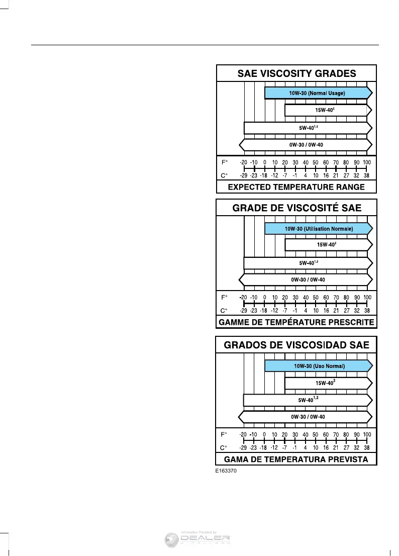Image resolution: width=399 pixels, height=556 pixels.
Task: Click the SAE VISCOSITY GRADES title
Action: [296, 73]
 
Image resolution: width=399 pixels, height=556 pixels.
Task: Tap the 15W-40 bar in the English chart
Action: [326, 110]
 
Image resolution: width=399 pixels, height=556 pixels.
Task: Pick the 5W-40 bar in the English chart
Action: [308, 128]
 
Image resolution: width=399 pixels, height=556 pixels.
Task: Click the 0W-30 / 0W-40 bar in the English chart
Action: [306, 145]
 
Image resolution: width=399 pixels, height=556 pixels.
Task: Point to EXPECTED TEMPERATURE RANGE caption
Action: [296, 187]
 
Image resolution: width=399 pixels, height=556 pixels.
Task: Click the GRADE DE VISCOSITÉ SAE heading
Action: [296, 208]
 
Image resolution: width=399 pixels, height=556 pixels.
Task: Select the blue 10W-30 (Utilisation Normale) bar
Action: [319, 229]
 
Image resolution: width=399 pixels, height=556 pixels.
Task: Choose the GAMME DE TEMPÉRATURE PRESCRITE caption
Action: [296, 322]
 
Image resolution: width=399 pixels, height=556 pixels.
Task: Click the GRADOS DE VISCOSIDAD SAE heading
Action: [296, 345]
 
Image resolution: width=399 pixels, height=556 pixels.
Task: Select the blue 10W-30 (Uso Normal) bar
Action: [319, 365]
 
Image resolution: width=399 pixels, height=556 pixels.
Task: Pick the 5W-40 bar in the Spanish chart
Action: [308, 400]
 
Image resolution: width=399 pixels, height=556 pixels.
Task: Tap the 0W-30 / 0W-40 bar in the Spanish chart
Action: [306, 417]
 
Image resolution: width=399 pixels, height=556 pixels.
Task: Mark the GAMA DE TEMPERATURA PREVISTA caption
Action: [296, 459]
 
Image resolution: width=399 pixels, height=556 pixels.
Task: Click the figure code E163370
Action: [226, 472]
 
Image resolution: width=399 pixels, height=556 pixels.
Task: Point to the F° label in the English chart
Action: [225, 162]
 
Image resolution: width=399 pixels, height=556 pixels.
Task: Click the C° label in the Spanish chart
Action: [225, 447]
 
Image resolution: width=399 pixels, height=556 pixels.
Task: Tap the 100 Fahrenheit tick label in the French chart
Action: [367, 298]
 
